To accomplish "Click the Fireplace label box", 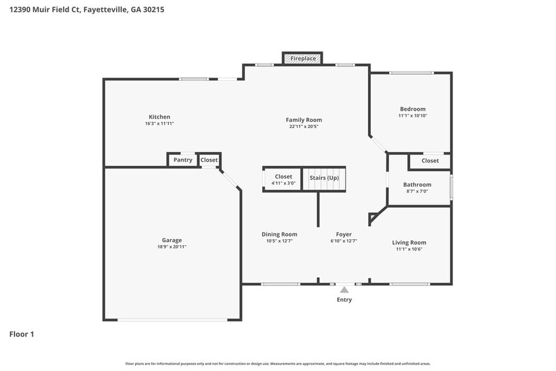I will click(x=303, y=59).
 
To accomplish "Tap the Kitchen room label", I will click(x=159, y=117).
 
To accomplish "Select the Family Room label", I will click(x=304, y=120).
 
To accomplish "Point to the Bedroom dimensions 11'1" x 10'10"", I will click(x=412, y=115).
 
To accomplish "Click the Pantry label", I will click(x=183, y=160).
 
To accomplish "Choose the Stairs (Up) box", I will click(x=324, y=178).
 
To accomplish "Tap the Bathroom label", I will click(x=417, y=185).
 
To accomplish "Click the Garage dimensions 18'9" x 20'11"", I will click(x=171, y=247).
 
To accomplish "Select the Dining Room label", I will click(x=279, y=234).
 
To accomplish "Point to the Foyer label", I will click(x=344, y=234).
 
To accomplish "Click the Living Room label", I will click(x=409, y=242).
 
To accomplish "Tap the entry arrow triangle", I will click(x=344, y=290).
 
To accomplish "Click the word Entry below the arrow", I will click(x=344, y=300).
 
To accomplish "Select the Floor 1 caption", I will click(x=21, y=334).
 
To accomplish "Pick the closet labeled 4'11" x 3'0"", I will click(x=283, y=180).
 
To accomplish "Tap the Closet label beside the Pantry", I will click(x=209, y=160).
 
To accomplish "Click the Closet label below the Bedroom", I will click(x=430, y=161).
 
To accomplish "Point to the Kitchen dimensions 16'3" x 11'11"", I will click(x=159, y=124).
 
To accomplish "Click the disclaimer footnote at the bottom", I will click(x=278, y=363).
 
